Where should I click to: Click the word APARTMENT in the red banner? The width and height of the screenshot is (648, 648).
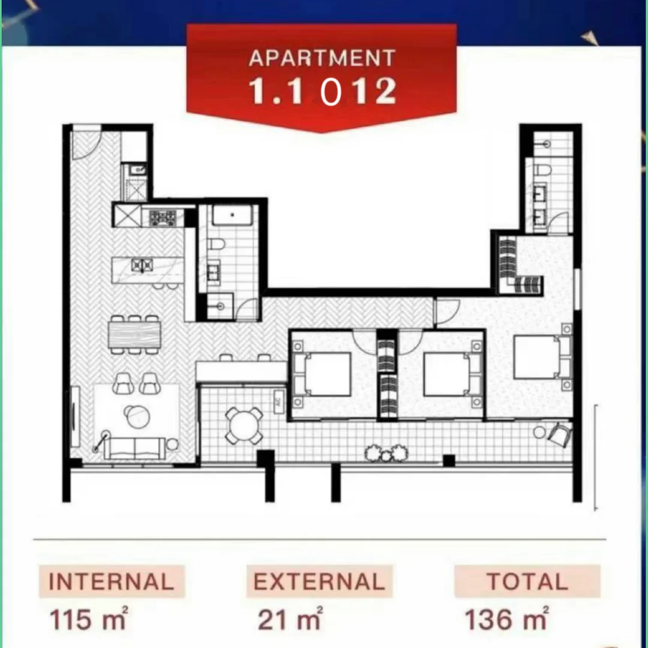click(x=322, y=58)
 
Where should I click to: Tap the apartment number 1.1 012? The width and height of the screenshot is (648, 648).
click(x=322, y=91)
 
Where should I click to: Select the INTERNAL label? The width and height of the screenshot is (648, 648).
click(x=112, y=581)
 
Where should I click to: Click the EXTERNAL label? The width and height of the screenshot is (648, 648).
click(x=319, y=581)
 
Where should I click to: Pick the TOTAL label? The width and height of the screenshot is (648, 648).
click(x=527, y=581)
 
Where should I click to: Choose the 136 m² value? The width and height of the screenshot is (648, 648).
click(x=506, y=618)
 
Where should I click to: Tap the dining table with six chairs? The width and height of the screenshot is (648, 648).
click(x=135, y=335)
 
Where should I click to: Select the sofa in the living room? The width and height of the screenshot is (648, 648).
click(x=134, y=448)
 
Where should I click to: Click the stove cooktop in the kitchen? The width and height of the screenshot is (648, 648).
click(x=162, y=217)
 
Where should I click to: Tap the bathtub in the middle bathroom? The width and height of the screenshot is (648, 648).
click(x=232, y=215)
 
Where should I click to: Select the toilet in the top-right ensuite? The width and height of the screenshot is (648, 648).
click(x=542, y=170)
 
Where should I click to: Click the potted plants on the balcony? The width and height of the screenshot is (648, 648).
click(x=386, y=453)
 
